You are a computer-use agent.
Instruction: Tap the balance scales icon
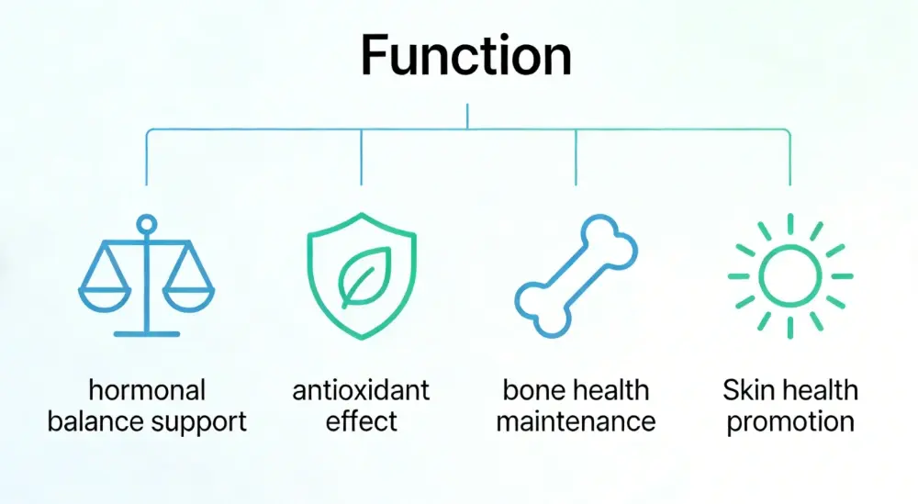(146, 275)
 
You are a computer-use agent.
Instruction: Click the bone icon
(576, 275)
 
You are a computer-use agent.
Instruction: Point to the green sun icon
(789, 274)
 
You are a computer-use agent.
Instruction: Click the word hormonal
(146, 390)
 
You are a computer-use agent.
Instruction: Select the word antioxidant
(361, 390)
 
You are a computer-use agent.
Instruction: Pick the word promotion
(789, 422)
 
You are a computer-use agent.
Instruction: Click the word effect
(361, 422)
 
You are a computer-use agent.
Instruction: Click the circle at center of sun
(789, 274)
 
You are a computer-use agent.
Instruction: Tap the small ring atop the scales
(146, 223)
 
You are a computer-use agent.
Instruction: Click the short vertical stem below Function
(467, 117)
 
